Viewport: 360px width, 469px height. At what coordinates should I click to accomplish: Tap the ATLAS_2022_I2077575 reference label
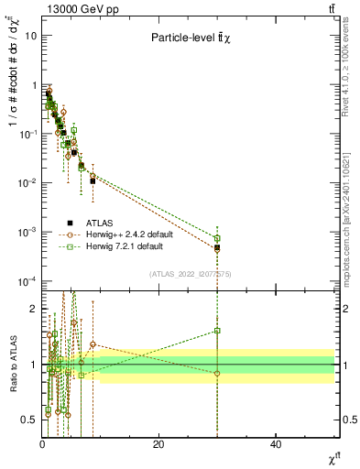click(190, 274)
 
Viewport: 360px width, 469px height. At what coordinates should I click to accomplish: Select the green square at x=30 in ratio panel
click(217, 331)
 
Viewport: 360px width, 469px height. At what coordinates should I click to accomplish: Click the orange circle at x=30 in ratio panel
click(217, 373)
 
